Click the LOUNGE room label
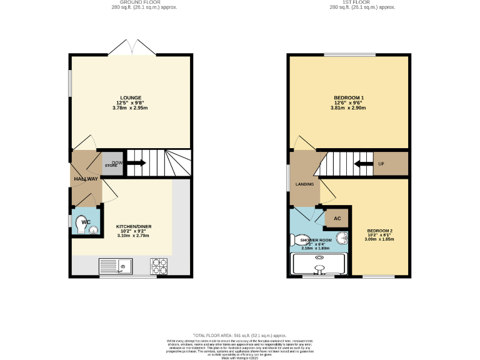(x=131, y=97)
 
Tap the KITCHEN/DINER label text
(x=134, y=226)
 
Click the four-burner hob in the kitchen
(x=159, y=267)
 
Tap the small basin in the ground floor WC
(x=94, y=231)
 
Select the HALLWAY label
(x=86, y=179)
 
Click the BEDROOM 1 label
(x=349, y=97)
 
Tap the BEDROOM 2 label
(x=379, y=231)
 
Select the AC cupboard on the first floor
(x=337, y=218)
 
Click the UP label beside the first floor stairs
(x=381, y=164)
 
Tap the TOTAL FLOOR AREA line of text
(x=240, y=336)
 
